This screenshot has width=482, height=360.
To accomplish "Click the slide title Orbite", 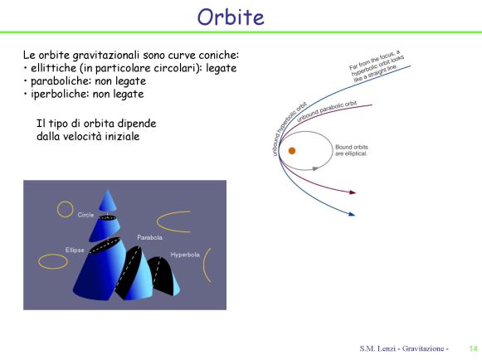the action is tap(231, 17).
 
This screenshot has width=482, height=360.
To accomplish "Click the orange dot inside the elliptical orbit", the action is tap(292, 151).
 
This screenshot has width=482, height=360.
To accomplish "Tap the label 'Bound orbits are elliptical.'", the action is tap(352, 150).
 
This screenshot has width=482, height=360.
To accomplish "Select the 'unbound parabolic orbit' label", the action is tap(327, 111).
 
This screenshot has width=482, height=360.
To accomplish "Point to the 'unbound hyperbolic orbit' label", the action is tap(289, 129).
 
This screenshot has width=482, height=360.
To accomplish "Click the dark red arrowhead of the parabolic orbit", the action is tap(353, 192).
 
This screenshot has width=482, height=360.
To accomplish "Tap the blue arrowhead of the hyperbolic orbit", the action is tap(352, 214).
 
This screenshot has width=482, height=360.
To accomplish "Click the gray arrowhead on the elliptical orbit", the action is tap(314, 168).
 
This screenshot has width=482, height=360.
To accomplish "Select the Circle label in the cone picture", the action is tap(85, 215).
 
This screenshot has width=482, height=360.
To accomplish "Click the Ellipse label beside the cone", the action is tap(75, 250).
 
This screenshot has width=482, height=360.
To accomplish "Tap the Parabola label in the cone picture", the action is tap(149, 237).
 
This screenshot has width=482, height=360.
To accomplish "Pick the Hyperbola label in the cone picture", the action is tap(185, 255).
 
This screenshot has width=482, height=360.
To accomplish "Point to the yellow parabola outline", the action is tap(158, 221).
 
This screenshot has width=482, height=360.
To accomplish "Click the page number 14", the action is tap(473, 348).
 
